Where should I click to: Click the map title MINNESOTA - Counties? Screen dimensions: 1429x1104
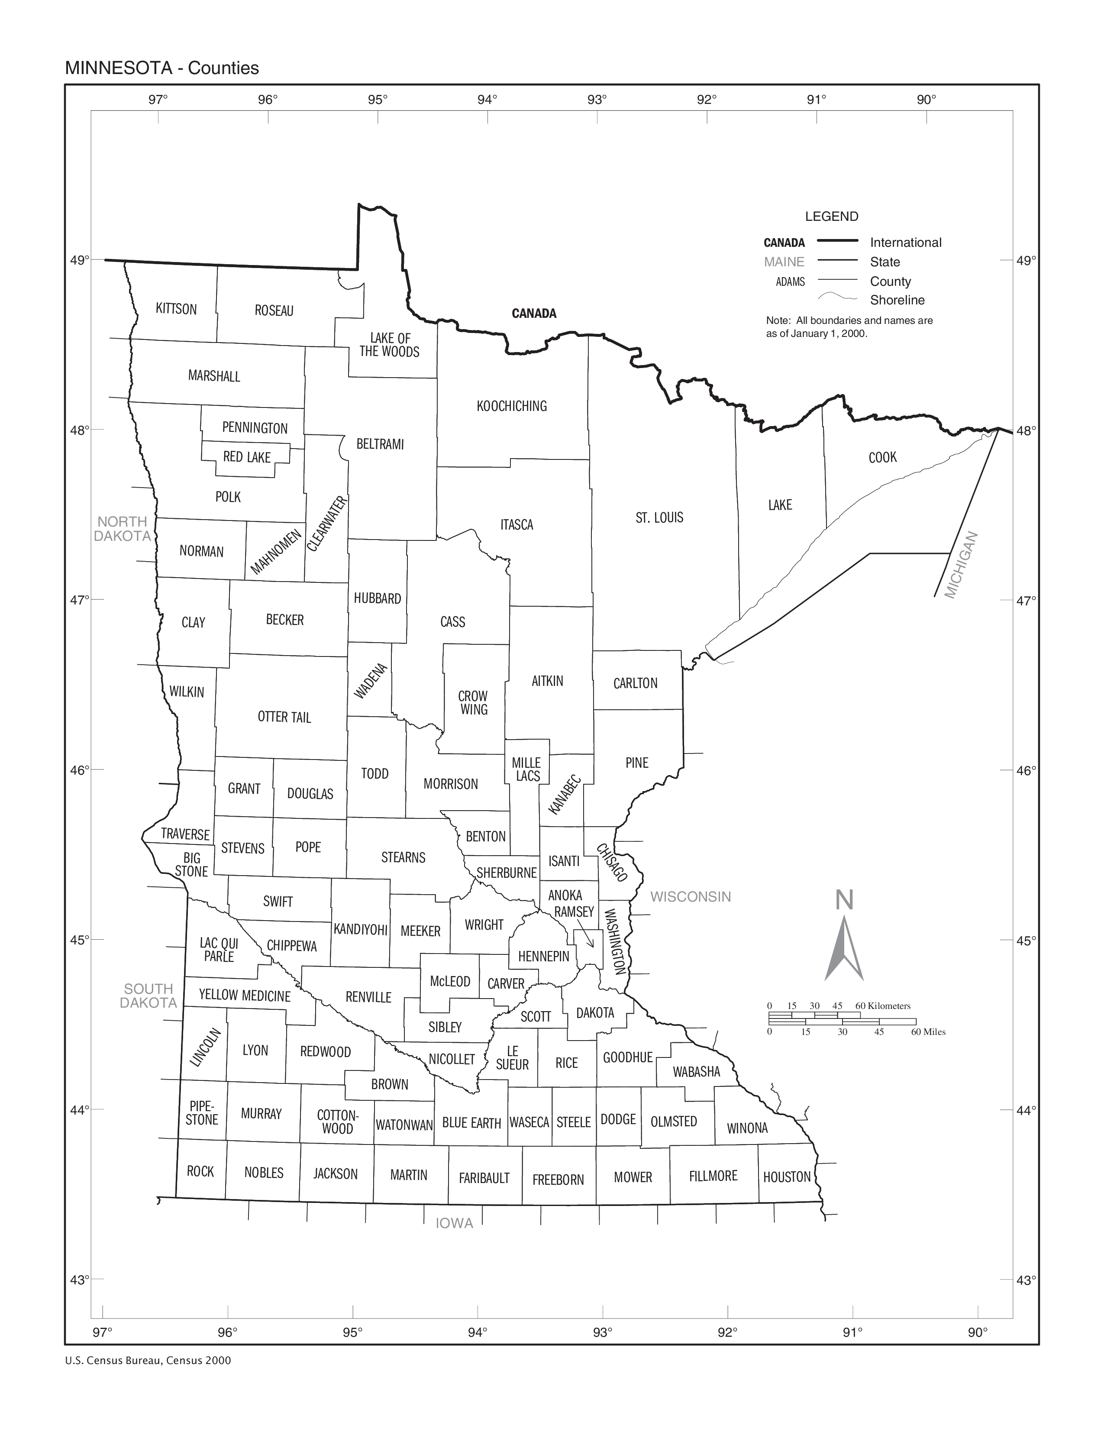[x=161, y=68]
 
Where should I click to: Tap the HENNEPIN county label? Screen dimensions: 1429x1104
[x=543, y=957]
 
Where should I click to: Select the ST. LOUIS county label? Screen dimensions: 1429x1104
[x=659, y=517]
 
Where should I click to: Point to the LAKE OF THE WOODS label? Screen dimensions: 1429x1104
[x=390, y=345]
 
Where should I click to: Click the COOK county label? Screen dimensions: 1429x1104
[x=882, y=457]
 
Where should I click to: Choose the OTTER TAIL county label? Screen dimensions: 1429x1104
[x=284, y=717]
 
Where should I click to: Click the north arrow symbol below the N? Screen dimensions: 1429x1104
[x=844, y=949]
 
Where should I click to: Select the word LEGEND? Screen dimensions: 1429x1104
[x=831, y=217]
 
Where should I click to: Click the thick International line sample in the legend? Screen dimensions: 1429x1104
[x=837, y=242]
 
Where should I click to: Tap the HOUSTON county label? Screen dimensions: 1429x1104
[x=787, y=1177]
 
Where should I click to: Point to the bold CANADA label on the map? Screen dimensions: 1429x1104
[x=534, y=314]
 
